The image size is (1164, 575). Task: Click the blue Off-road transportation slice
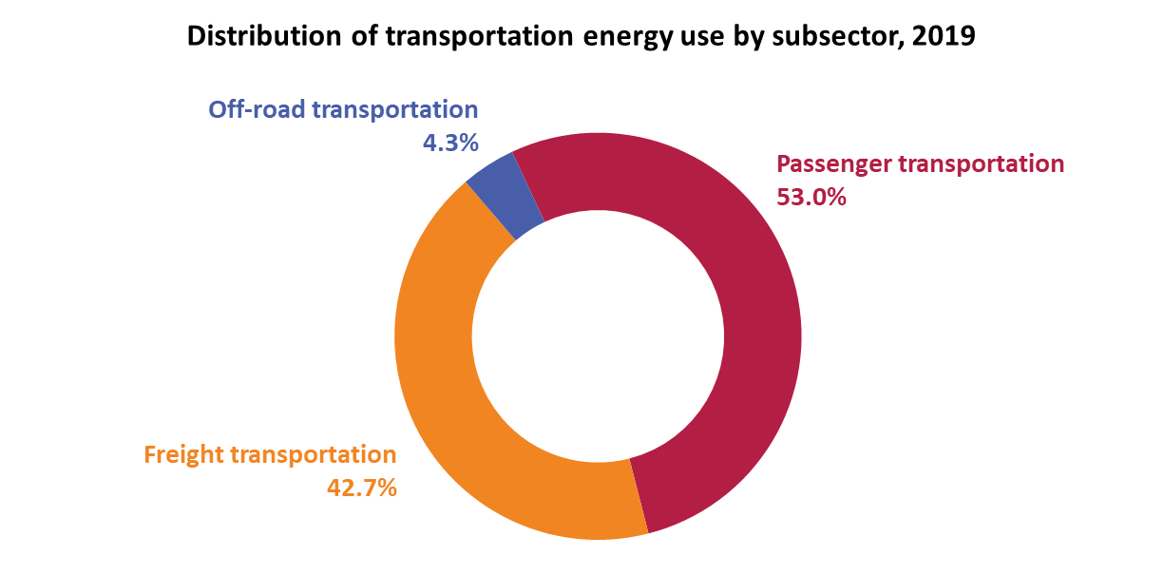(x=505, y=195)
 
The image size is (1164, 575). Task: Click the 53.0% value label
(x=811, y=199)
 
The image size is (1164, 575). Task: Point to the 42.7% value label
(x=361, y=489)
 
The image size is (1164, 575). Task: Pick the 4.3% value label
(x=449, y=143)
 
